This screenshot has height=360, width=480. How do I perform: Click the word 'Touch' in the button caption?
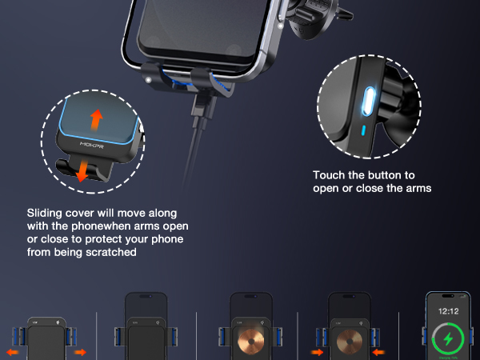coord(328,174)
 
